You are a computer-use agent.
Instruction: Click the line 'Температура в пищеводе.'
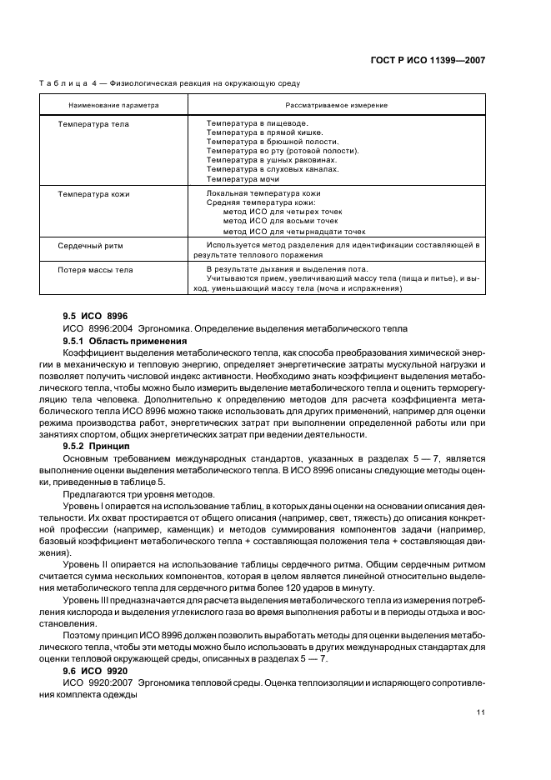pyautogui.click(x=251, y=123)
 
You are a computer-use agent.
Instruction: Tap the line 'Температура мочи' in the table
pyautogui.click(x=243, y=179)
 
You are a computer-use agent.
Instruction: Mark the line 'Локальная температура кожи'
pyautogui.click(x=252, y=194)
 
